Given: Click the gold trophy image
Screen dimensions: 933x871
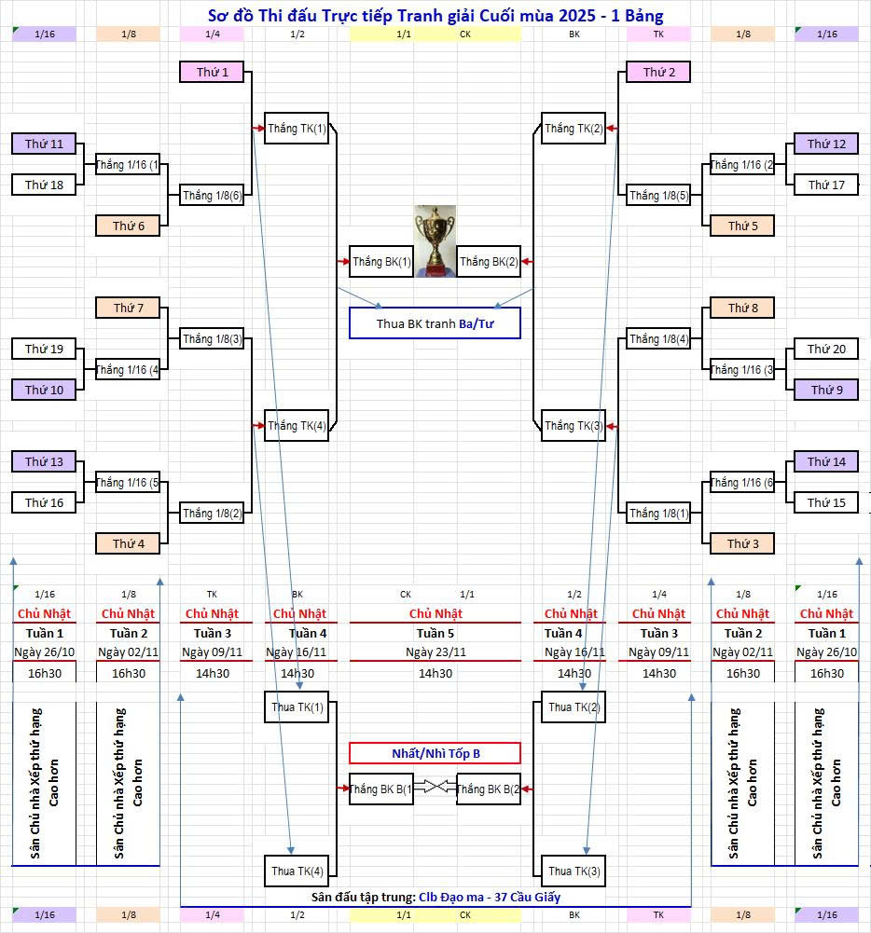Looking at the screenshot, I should tap(435, 240).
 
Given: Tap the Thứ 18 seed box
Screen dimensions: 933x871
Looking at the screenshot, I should tap(44, 185).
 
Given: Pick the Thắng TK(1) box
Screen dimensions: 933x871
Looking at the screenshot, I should tap(297, 129).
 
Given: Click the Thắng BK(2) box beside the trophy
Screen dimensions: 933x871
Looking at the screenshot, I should tap(488, 262).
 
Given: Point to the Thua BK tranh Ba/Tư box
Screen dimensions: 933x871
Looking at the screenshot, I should tap(435, 323).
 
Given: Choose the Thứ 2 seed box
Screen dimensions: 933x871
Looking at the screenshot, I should tap(658, 72).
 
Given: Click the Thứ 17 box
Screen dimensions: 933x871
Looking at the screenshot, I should tap(825, 185).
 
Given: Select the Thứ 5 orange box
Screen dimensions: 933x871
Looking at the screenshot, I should tap(742, 226).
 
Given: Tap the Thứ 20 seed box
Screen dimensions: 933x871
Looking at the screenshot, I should tap(825, 349).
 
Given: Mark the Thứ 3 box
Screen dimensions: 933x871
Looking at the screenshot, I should tap(742, 543).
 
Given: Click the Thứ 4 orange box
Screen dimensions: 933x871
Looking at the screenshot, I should tap(128, 543).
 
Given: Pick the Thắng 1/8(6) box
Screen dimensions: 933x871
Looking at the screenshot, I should tap(212, 195).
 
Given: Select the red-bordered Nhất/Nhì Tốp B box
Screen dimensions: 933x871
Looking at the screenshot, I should tap(435, 753).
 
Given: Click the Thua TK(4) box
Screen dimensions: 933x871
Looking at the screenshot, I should tap(297, 871).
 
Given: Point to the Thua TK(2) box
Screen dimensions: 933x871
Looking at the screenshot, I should tap(574, 707).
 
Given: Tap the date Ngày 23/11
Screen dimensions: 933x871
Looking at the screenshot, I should tap(435, 652).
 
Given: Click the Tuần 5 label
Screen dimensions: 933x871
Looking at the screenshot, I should tap(435, 633).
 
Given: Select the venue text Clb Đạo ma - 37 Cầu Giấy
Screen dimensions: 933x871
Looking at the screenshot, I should tap(490, 897).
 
